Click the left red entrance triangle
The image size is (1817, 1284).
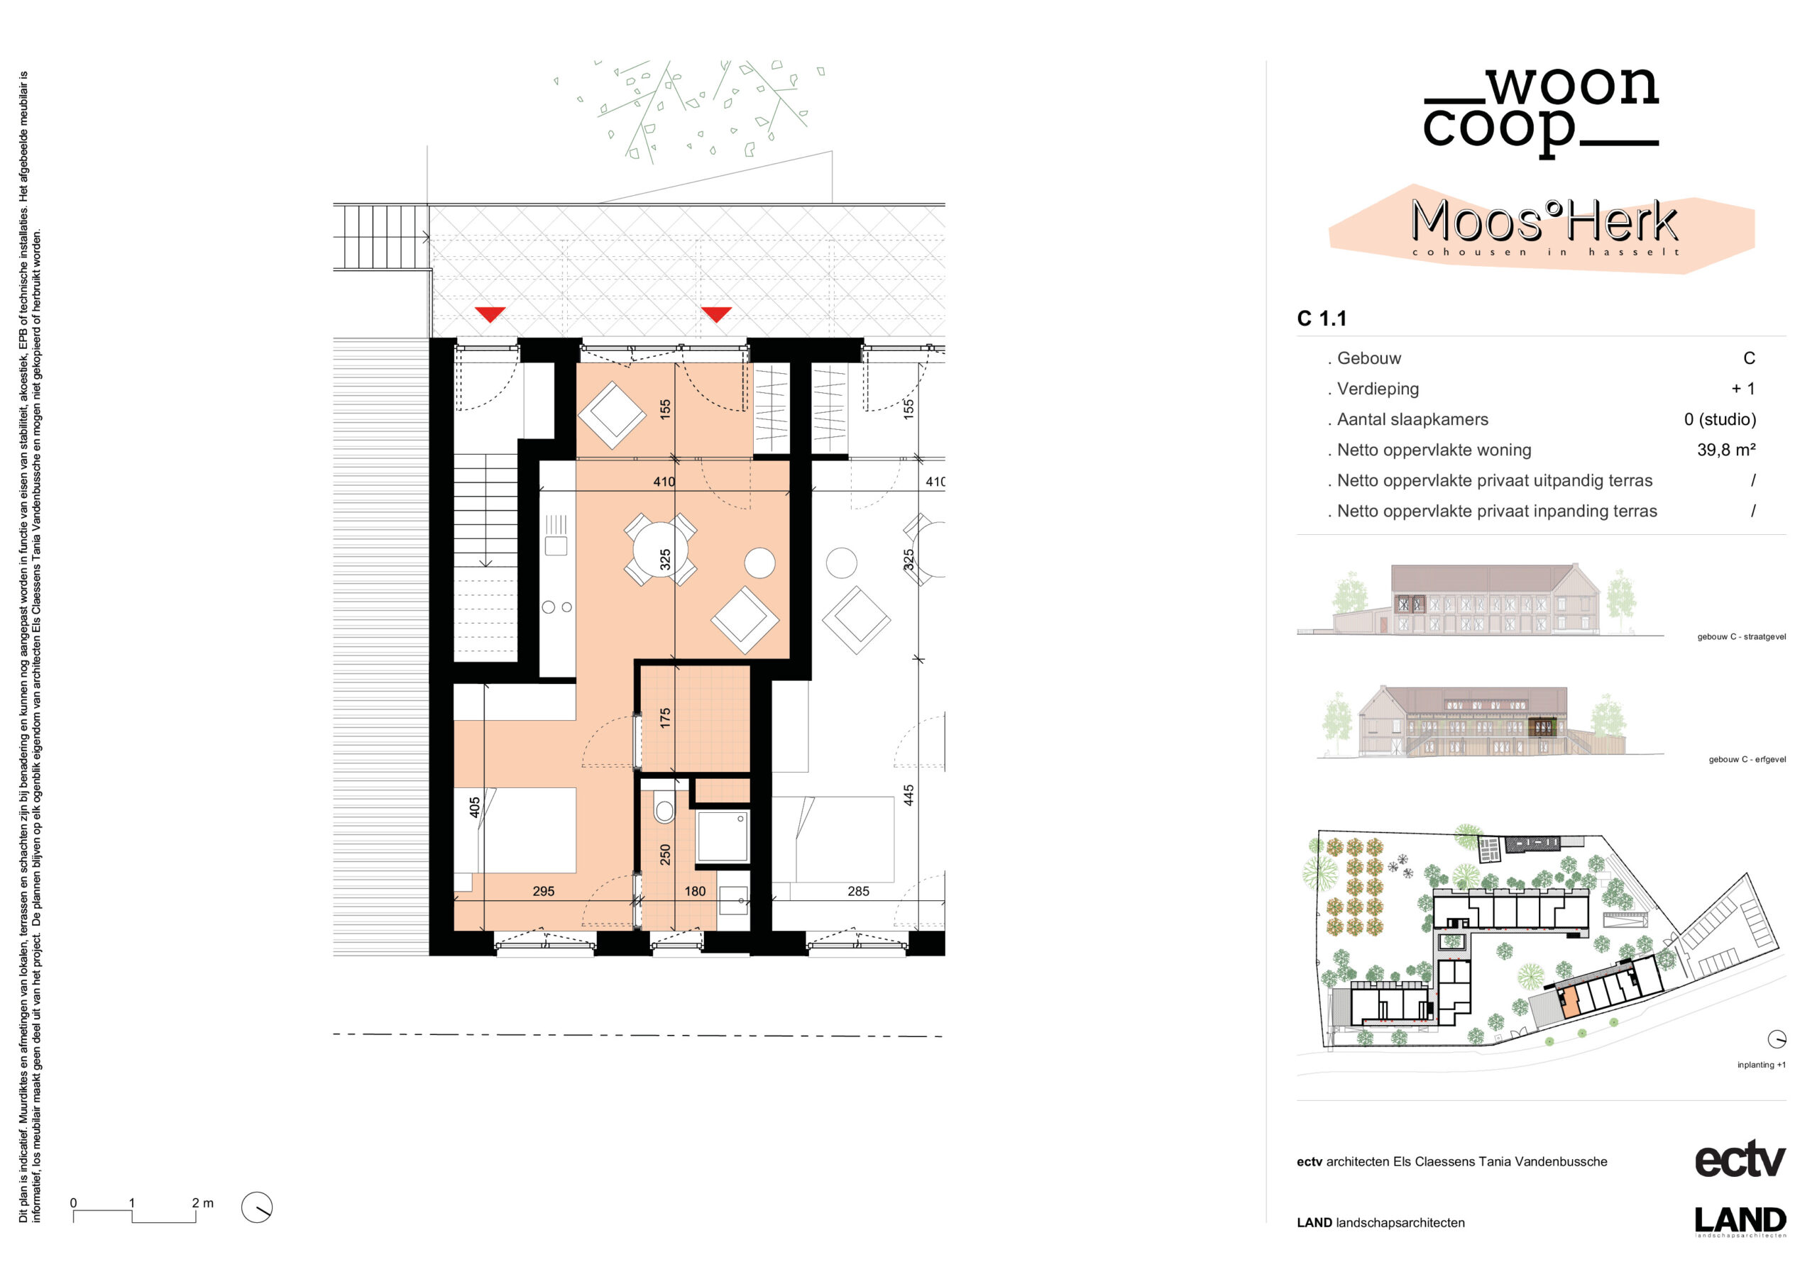pyautogui.click(x=490, y=314)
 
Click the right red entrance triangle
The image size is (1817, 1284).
pyautogui.click(x=716, y=314)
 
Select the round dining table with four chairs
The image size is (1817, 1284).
pyautogui.click(x=660, y=550)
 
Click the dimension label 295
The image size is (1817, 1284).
pyautogui.click(x=544, y=891)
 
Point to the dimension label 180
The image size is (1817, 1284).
pyautogui.click(x=695, y=891)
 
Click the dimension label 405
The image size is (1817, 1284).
pyautogui.click(x=474, y=807)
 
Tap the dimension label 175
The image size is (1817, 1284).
pyautogui.click(x=665, y=719)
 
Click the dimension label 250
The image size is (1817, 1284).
pyautogui.click(x=665, y=854)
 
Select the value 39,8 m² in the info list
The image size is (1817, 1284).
pyautogui.click(x=1726, y=450)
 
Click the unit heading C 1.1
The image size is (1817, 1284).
pyautogui.click(x=1322, y=318)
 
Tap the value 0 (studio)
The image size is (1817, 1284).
pyautogui.click(x=1720, y=419)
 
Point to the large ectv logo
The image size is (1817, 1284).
pyautogui.click(x=1740, y=1160)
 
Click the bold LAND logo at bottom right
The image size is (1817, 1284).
pyautogui.click(x=1740, y=1221)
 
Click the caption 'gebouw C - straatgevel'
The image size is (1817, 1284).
pyautogui.click(x=1741, y=637)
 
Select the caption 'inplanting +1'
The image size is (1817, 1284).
pyautogui.click(x=1761, y=1065)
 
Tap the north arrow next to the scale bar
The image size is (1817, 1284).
pyautogui.click(x=256, y=1207)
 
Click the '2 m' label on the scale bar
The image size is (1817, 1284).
pyautogui.click(x=202, y=1202)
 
